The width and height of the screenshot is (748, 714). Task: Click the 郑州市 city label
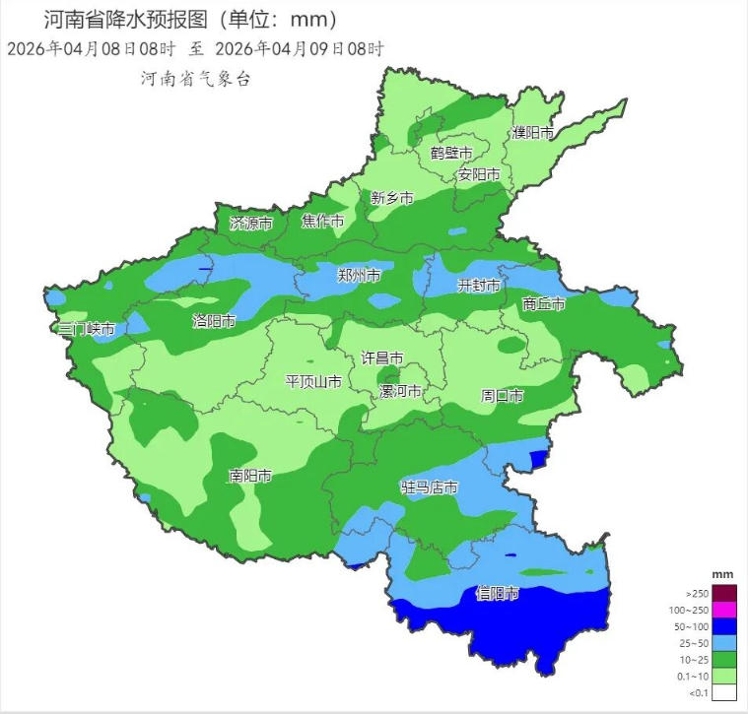tap(359, 276)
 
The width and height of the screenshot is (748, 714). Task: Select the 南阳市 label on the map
tap(250, 476)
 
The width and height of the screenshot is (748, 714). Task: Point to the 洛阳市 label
tap(214, 321)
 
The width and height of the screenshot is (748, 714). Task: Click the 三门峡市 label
tap(87, 328)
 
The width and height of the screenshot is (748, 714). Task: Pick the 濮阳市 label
tap(532, 132)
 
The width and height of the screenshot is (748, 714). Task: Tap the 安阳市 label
tap(479, 174)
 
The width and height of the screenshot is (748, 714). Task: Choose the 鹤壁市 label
tap(451, 153)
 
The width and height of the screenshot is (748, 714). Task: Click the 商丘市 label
tap(544, 304)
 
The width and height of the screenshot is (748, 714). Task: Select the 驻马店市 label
tap(429, 487)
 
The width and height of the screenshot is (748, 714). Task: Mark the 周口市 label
tap(502, 396)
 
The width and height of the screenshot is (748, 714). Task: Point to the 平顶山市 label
tap(313, 381)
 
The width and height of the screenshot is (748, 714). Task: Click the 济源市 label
tap(250, 224)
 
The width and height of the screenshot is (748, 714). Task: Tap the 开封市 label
tap(479, 286)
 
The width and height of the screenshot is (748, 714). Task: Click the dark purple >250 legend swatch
tap(724, 593)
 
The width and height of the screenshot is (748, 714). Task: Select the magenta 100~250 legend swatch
tap(724, 610)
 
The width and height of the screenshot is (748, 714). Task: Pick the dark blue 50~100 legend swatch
tap(724, 626)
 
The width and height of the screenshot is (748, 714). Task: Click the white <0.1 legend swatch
tap(724, 692)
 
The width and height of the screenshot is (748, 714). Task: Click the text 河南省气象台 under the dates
tap(196, 80)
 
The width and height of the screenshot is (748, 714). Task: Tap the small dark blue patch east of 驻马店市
tap(537, 459)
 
